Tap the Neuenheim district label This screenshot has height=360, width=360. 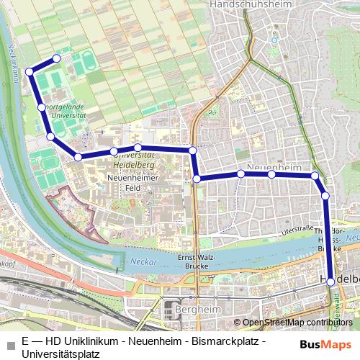(274, 166)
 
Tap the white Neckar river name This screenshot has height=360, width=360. (145, 262)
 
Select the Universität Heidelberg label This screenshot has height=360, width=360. (135, 159)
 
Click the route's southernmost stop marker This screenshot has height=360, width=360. (330, 282)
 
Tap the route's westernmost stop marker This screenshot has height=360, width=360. (30, 71)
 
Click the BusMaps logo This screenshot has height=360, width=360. (326, 344)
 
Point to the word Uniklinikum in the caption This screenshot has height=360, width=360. (84, 341)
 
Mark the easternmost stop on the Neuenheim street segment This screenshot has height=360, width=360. (315, 176)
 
